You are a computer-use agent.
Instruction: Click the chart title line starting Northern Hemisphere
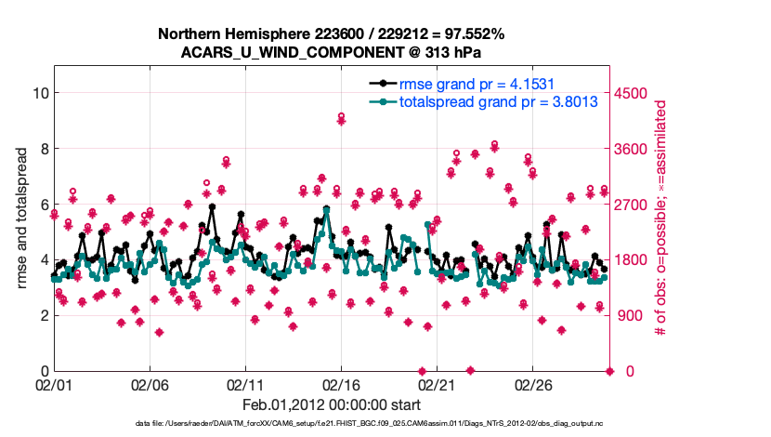[x=332, y=33]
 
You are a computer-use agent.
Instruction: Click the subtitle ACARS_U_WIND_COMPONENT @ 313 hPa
[x=332, y=52]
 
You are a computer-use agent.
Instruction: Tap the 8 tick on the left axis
[x=43, y=148]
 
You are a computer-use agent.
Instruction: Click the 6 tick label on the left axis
[x=43, y=204]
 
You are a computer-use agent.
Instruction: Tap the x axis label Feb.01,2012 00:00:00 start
[x=332, y=404]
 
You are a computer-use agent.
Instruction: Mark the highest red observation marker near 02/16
[x=342, y=117]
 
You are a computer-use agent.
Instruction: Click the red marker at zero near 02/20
[x=422, y=371]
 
